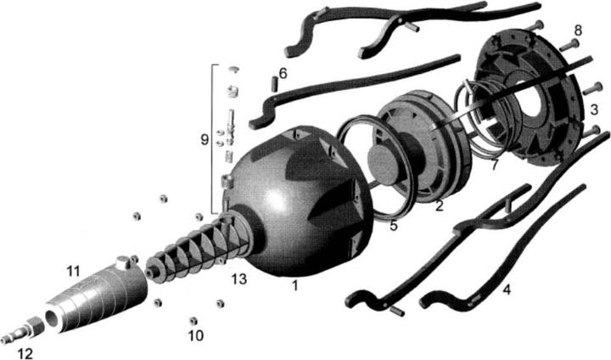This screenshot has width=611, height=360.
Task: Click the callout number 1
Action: [294, 286]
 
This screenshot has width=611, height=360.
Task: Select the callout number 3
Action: [595, 109]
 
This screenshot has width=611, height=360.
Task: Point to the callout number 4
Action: [507, 290]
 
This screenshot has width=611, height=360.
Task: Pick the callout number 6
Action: [283, 73]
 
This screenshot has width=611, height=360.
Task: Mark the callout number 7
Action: [494, 164]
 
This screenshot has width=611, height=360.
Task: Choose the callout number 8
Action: [578, 31]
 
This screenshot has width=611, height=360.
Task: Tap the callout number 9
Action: [204, 138]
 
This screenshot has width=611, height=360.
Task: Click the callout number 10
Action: [196, 336]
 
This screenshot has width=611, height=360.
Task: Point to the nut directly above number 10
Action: [193, 320]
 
